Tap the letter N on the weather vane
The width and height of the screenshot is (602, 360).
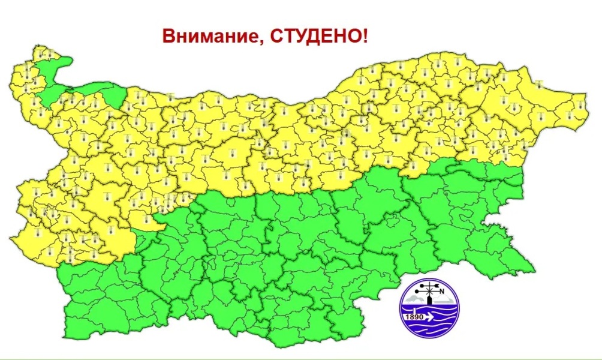pos(442,292)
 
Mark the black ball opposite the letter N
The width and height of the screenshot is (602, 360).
pos(417,292)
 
